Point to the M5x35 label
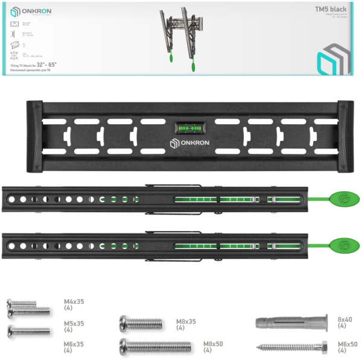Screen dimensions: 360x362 (74, 326)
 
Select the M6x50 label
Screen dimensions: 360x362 (348, 347)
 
